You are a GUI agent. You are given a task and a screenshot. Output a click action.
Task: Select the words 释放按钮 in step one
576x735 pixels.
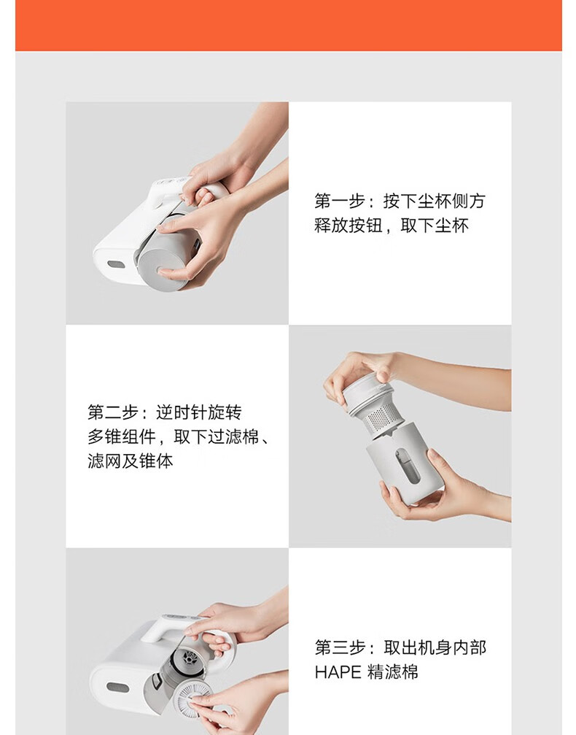coord(349,226)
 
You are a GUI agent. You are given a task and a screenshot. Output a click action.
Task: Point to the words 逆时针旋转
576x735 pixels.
coord(199,412)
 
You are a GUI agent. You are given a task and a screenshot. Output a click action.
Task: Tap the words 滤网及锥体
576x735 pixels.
coord(131,461)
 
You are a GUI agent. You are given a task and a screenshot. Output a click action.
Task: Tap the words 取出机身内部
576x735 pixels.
coord(435,648)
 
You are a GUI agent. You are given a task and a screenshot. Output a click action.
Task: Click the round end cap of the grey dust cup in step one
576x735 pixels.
coord(163,266)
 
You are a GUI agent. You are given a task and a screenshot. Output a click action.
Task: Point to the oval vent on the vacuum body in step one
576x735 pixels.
coord(116,264)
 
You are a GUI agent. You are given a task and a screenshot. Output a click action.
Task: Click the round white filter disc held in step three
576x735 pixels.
coord(195,700)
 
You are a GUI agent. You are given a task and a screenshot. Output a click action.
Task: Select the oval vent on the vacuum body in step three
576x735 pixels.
coord(117,688)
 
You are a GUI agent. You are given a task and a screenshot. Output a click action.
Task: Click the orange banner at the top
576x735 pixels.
coord(289,26)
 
